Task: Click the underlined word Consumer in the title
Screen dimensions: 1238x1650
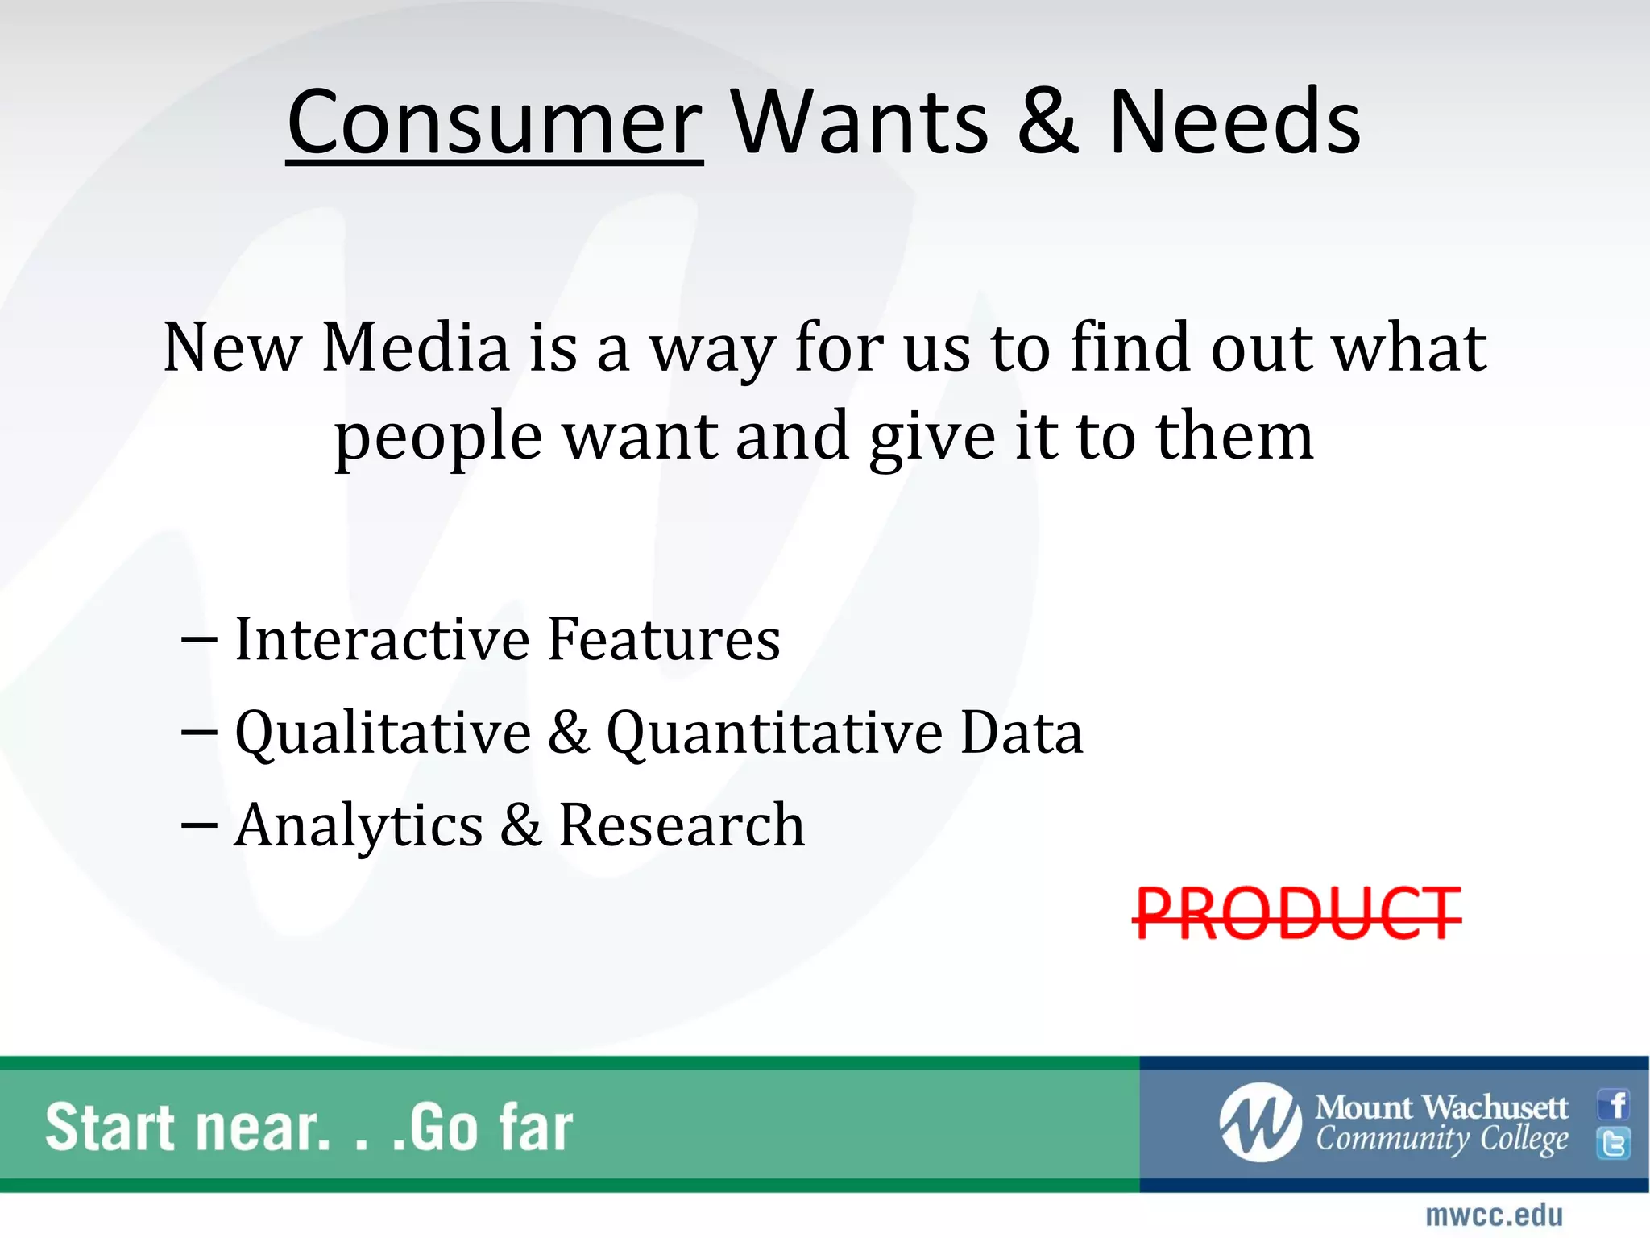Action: [x=495, y=123]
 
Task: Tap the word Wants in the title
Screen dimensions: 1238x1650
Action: [x=860, y=123]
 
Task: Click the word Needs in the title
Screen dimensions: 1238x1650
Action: [x=1234, y=123]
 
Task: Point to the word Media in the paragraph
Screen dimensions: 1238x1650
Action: [x=416, y=347]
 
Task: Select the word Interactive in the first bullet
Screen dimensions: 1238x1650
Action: [x=383, y=639]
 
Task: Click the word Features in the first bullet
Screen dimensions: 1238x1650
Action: [x=664, y=639]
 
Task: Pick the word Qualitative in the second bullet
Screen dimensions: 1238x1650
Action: [x=383, y=733]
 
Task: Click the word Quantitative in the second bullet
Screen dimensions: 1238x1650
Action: [x=774, y=733]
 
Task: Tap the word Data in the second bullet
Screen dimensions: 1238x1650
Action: [x=1022, y=733]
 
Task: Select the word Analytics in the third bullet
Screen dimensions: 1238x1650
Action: [x=359, y=825]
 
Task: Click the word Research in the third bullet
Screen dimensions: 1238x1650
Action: [x=682, y=825]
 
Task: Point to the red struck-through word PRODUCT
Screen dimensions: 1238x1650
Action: [x=1297, y=913]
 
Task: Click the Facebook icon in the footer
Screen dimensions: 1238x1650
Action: [x=1615, y=1104]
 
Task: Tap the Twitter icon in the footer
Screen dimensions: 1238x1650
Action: [x=1615, y=1143]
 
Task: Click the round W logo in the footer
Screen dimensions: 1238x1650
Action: [x=1260, y=1122]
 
